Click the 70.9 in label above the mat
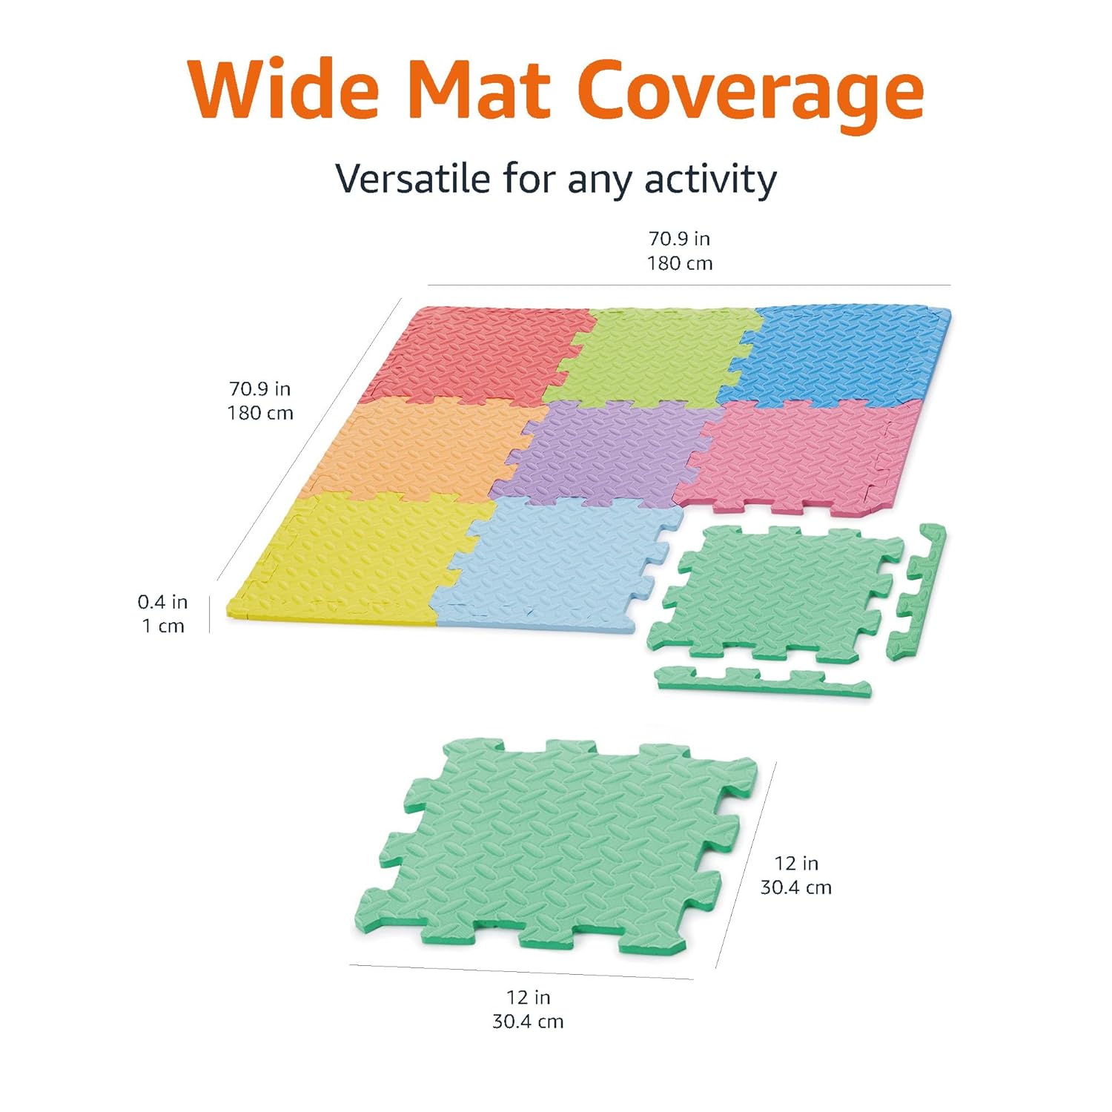[x=679, y=239]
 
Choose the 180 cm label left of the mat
[x=260, y=413]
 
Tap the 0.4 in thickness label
[x=162, y=602]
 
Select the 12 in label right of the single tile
[x=796, y=863]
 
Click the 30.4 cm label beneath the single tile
[x=528, y=1022]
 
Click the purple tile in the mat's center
[x=604, y=452]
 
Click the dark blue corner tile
[x=845, y=352]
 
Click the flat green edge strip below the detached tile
[x=764, y=681]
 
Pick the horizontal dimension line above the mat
[x=689, y=285]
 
